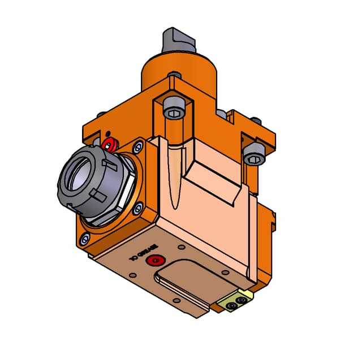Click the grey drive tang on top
coord(176,40)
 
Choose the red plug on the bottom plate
coord(154,261)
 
